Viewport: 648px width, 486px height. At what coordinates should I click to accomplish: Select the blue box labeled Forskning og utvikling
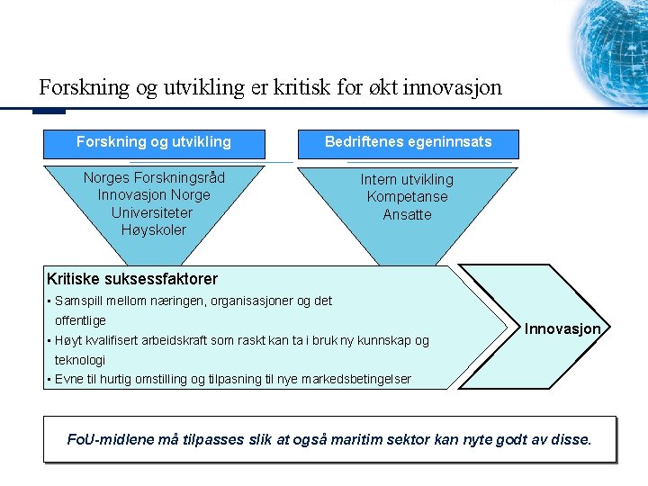[154, 142]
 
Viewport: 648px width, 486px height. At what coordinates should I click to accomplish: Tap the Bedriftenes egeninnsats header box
[408, 142]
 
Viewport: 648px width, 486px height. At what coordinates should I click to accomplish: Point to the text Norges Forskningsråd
[154, 177]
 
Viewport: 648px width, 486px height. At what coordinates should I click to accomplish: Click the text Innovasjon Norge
[154, 194]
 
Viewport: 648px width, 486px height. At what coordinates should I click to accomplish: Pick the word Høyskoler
[153, 229]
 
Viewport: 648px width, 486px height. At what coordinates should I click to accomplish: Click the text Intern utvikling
[407, 179]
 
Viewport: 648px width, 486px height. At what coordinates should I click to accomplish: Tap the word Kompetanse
[407, 196]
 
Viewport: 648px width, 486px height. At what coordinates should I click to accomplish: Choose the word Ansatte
[407, 214]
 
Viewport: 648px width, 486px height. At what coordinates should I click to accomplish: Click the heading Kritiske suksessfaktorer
[132, 279]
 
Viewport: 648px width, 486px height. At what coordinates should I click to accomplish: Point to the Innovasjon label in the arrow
[562, 329]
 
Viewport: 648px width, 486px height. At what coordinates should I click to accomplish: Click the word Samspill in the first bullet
[78, 301]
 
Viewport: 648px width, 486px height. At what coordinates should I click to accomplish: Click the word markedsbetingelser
[360, 379]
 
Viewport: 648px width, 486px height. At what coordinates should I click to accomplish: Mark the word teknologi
[80, 359]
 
